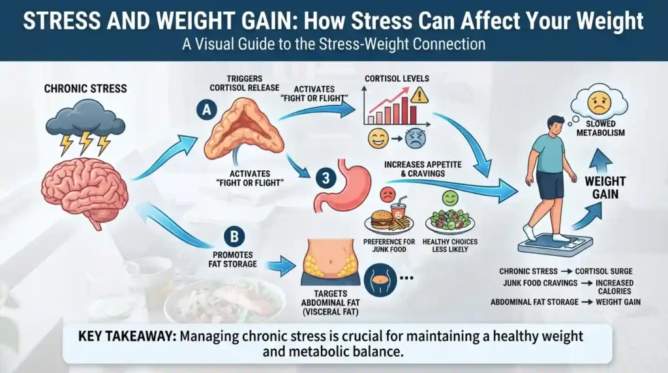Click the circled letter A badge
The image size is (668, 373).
(207, 110)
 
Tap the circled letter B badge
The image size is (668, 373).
(234, 237)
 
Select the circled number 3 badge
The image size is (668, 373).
(326, 177)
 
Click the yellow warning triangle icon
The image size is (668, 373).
(419, 95)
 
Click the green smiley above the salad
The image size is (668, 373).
(450, 198)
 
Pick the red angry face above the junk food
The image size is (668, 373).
(387, 194)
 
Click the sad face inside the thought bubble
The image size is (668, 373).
(599, 102)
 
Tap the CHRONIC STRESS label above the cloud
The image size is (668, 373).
(85, 89)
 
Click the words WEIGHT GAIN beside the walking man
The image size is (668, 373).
(605, 188)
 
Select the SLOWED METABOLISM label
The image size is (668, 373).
(601, 128)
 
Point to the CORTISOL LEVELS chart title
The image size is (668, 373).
(397, 79)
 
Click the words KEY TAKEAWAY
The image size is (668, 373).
(127, 336)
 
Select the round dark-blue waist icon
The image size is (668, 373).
(380, 279)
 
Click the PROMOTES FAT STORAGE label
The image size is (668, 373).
(233, 260)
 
